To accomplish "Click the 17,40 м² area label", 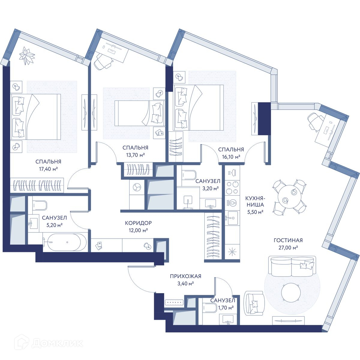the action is pos(48,169).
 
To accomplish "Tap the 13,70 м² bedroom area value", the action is pos(135,155).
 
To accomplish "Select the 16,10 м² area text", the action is pos(231,157).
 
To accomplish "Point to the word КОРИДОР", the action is pos(138,223).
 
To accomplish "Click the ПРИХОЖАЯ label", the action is pos(185,276).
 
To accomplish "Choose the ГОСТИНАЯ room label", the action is pos(288,240).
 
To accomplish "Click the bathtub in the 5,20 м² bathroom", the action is pos(64,242).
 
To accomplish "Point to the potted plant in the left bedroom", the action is pos(27,56).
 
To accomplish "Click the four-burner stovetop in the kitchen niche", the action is pos(232,188).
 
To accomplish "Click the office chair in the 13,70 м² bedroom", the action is pos(103,62).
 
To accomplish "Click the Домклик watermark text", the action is pos(57,343).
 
